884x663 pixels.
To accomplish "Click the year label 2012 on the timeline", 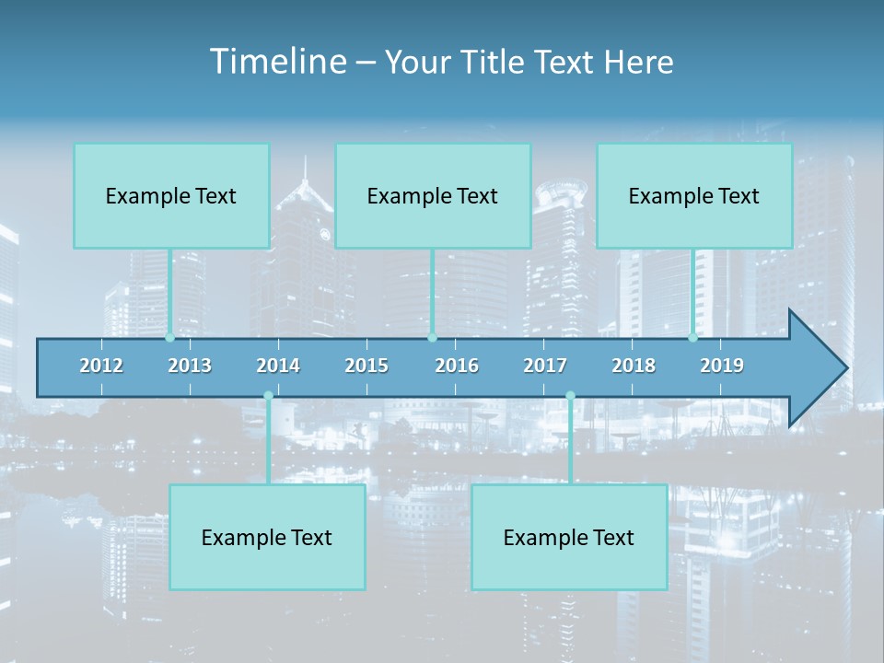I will click(x=101, y=366).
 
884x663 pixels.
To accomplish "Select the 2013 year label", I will click(x=190, y=366).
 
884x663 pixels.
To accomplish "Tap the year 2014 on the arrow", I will click(x=278, y=366).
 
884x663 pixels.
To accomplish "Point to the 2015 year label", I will click(x=366, y=366).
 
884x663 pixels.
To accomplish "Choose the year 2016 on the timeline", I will click(x=457, y=366).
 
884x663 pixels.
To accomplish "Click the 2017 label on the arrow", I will click(x=545, y=366).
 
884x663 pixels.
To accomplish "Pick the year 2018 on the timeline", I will click(x=634, y=366).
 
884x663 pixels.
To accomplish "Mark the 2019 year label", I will click(x=722, y=366).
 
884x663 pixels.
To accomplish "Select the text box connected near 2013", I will click(x=171, y=196).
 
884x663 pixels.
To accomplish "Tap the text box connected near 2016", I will click(x=433, y=196).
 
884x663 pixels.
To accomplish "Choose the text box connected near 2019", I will click(x=694, y=196).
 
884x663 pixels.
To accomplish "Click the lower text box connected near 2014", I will click(x=267, y=538).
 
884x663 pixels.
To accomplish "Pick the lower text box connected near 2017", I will click(x=569, y=538).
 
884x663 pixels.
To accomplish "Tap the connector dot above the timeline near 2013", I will click(x=169, y=338).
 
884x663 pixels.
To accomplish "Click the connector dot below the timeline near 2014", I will click(x=268, y=396).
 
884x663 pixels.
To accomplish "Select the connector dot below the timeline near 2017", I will click(x=570, y=396).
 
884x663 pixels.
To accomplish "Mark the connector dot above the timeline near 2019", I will click(x=692, y=338).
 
